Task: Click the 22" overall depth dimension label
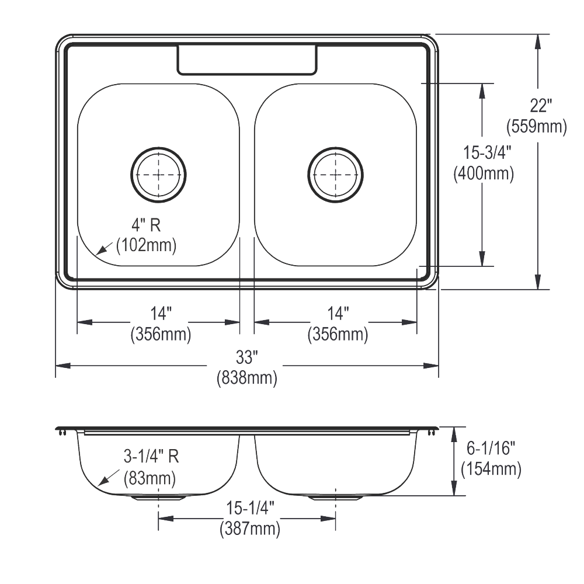pos(541,106)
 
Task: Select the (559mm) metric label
pos(537,126)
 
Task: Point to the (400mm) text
pos(484,173)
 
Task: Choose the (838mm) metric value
pos(246,378)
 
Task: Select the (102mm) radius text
pos(146,245)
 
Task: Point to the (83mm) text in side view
pos(150,479)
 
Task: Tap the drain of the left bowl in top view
pos(158,174)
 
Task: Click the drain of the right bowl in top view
pos(335,174)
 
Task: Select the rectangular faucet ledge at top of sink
pos(247,60)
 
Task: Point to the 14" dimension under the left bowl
pos(158,314)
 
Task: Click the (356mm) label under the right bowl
pos(338,335)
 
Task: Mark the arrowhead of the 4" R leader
pos(98,253)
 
